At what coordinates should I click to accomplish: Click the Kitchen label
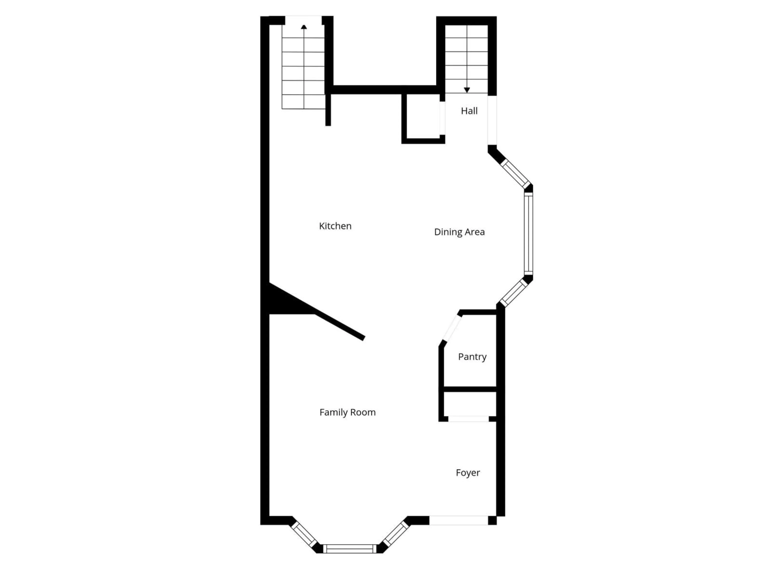click(x=335, y=226)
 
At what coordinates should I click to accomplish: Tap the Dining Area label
click(x=459, y=232)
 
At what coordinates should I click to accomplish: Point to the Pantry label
click(x=472, y=357)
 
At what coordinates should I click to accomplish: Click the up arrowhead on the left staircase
click(x=304, y=27)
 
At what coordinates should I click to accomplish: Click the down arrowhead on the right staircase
click(x=467, y=90)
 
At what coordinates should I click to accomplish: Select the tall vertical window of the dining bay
click(x=528, y=233)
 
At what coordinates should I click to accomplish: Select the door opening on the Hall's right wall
click(x=492, y=120)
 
